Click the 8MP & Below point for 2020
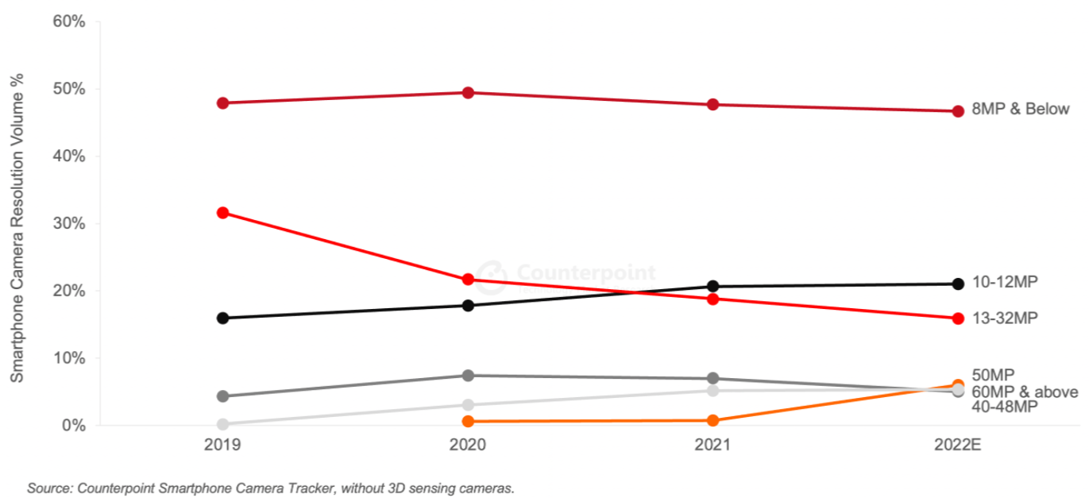tap(468, 93)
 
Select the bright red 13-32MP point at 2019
tap(223, 213)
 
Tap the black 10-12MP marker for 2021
tap(713, 286)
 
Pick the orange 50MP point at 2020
tap(468, 421)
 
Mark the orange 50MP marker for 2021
tap(713, 420)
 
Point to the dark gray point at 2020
tap(468, 375)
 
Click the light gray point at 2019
tap(223, 424)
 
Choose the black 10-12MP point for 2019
tap(223, 318)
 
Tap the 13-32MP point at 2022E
tap(958, 318)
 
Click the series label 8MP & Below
tap(1020, 110)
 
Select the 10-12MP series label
tap(1005, 282)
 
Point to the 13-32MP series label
tap(1005, 318)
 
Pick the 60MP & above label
tap(1025, 392)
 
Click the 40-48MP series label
tap(1005, 407)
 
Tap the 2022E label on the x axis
tap(958, 445)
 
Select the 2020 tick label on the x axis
tap(468, 445)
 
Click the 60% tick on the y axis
tap(68, 21)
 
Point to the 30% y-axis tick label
tap(68, 223)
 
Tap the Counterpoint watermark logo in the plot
tap(492, 272)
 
